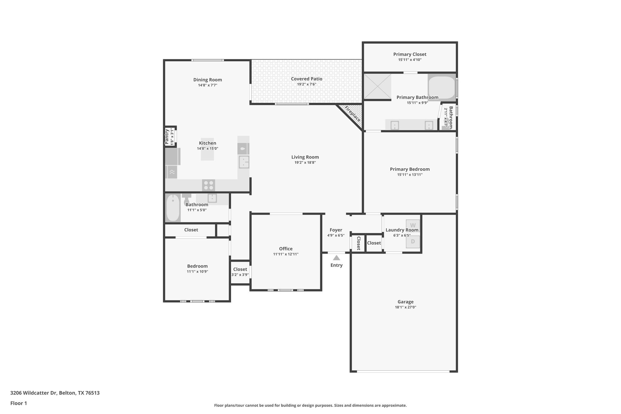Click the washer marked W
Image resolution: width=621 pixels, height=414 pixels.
(x=413, y=225)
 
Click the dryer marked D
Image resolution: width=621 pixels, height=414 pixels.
(x=413, y=242)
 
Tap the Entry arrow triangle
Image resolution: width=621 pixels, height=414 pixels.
(x=336, y=258)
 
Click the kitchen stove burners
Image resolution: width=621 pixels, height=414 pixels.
(x=208, y=185)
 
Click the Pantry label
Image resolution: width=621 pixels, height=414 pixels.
(x=166, y=136)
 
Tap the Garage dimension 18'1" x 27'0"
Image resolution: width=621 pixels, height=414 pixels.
(x=405, y=307)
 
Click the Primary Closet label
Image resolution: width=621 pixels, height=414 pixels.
(x=410, y=54)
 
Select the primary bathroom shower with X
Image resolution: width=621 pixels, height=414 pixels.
(x=377, y=86)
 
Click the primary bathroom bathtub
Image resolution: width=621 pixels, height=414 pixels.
(x=442, y=87)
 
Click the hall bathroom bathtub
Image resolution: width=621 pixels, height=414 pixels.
(x=173, y=208)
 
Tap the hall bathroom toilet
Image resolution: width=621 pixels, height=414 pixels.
(x=186, y=200)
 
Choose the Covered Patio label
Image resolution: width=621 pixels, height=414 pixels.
(x=307, y=79)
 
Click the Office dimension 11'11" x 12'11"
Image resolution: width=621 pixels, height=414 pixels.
(x=286, y=254)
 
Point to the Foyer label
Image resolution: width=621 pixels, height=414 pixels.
(x=336, y=230)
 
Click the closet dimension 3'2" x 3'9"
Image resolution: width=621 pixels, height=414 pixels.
(x=240, y=275)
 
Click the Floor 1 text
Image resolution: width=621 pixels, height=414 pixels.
(x=18, y=403)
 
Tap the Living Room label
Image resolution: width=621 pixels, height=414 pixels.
(x=305, y=157)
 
